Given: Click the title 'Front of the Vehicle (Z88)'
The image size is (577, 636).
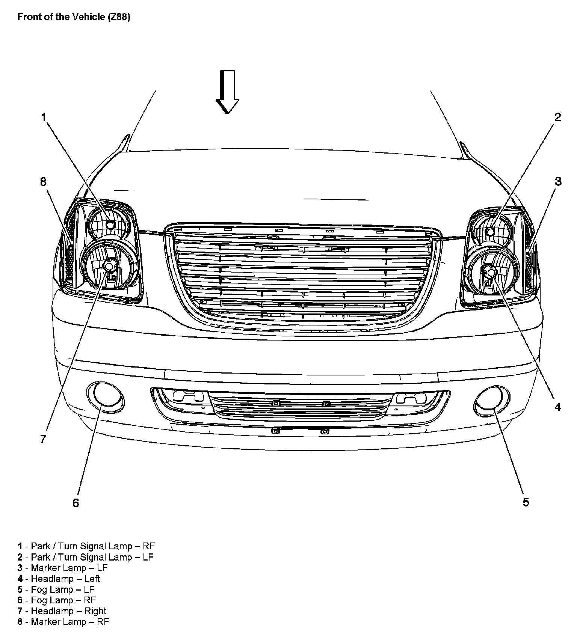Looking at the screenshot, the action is click(x=74, y=17).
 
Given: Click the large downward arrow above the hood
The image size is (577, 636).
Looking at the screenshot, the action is click(x=227, y=92).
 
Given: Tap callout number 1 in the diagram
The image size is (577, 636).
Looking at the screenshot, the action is click(x=44, y=118).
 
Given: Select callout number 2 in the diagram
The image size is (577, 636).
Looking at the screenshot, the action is click(x=557, y=117).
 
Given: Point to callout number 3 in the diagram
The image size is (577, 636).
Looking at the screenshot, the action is click(x=558, y=181).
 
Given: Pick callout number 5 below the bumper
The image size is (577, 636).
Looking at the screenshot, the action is click(x=526, y=502).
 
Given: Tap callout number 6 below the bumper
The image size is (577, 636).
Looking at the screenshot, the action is click(x=76, y=503).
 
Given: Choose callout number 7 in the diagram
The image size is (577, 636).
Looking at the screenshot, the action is click(x=43, y=439).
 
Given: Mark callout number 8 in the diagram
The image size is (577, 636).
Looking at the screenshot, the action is click(x=43, y=182).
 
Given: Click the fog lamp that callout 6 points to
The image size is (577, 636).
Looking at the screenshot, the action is click(x=106, y=397).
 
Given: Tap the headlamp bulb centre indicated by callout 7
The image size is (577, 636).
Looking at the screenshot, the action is click(x=109, y=266).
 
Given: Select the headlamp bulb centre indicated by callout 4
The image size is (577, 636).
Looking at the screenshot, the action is click(x=490, y=270).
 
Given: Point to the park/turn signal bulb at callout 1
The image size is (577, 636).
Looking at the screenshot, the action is click(x=110, y=225).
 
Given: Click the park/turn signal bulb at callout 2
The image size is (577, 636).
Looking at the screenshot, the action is click(x=490, y=232).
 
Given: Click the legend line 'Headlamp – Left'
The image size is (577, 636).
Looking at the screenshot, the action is click(x=59, y=579).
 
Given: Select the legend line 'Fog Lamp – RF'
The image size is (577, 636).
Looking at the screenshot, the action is click(x=57, y=600).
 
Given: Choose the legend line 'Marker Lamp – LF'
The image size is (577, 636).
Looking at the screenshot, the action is click(x=62, y=568).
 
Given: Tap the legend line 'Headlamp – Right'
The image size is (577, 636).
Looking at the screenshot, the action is click(x=62, y=611).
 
